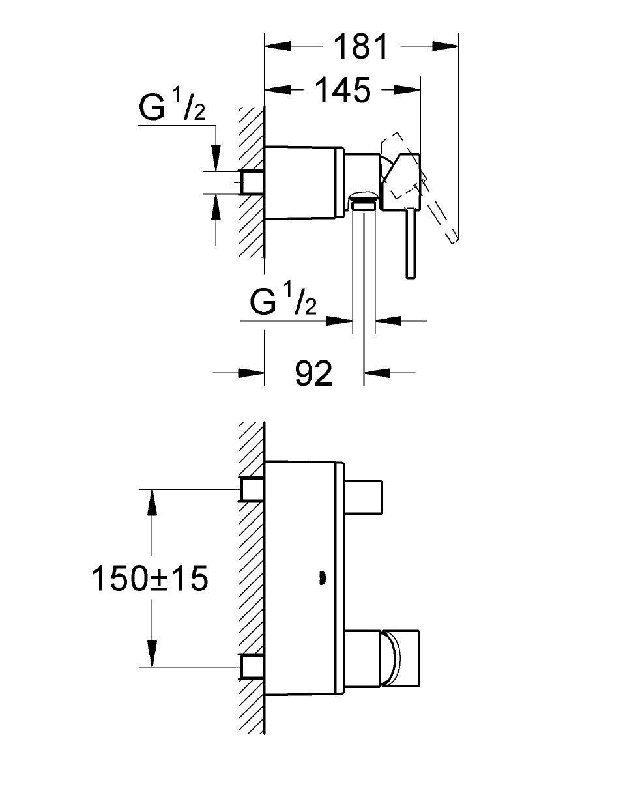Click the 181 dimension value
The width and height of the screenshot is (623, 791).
pyautogui.click(x=360, y=47)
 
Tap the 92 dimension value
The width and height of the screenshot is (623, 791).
pyautogui.click(x=313, y=373)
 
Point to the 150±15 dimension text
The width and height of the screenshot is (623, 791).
pyautogui.click(x=149, y=579)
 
